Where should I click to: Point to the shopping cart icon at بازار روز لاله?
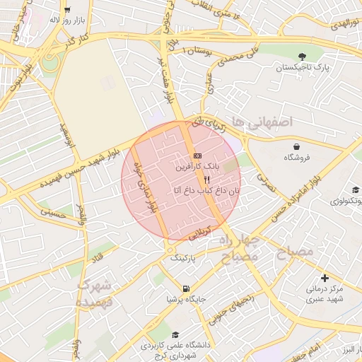68,10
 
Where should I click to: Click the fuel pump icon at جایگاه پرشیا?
186,288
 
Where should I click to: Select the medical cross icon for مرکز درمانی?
325,278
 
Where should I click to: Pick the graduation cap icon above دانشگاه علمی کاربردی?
175,335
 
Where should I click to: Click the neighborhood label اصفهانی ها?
265,122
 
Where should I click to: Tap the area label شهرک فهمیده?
95,293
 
